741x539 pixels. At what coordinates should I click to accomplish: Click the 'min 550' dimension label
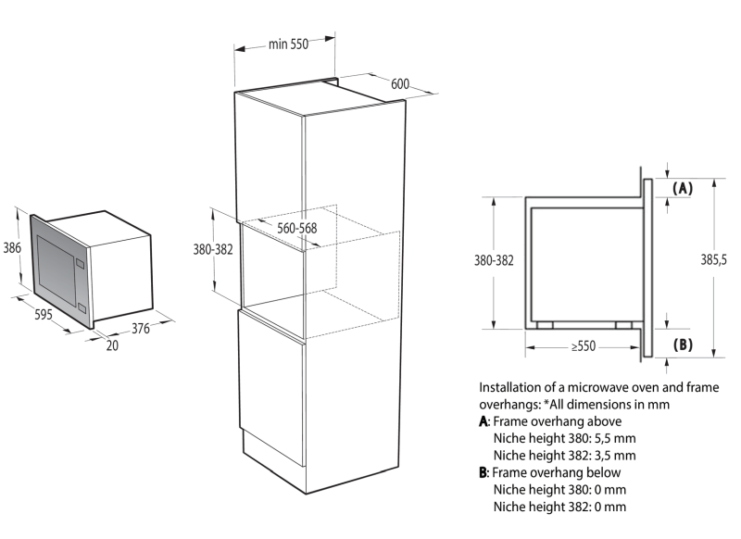tap(288, 44)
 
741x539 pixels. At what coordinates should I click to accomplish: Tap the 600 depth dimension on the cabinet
tap(400, 84)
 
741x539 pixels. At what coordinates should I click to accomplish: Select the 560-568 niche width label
tap(296, 228)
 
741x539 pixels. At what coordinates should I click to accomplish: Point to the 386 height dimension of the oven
tap(12, 247)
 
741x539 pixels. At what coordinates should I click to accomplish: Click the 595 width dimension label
tap(44, 314)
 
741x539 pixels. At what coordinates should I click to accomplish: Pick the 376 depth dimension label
tap(141, 329)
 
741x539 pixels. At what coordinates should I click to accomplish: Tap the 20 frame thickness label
tap(112, 345)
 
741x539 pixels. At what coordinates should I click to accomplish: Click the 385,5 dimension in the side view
tap(713, 259)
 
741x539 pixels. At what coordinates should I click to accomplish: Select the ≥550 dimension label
tap(584, 346)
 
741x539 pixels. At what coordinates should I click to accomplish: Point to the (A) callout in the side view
tap(683, 188)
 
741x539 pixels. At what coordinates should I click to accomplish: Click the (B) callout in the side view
tap(683, 345)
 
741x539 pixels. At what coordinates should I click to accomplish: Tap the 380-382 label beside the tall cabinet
tap(213, 249)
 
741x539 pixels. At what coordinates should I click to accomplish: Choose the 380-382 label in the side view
tap(494, 260)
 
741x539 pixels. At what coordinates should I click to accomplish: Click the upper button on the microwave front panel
tap(80, 263)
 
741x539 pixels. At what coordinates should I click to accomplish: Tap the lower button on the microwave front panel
tap(82, 307)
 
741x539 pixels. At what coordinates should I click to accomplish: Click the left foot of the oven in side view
tap(545, 325)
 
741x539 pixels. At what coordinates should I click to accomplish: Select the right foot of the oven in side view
tap(623, 325)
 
